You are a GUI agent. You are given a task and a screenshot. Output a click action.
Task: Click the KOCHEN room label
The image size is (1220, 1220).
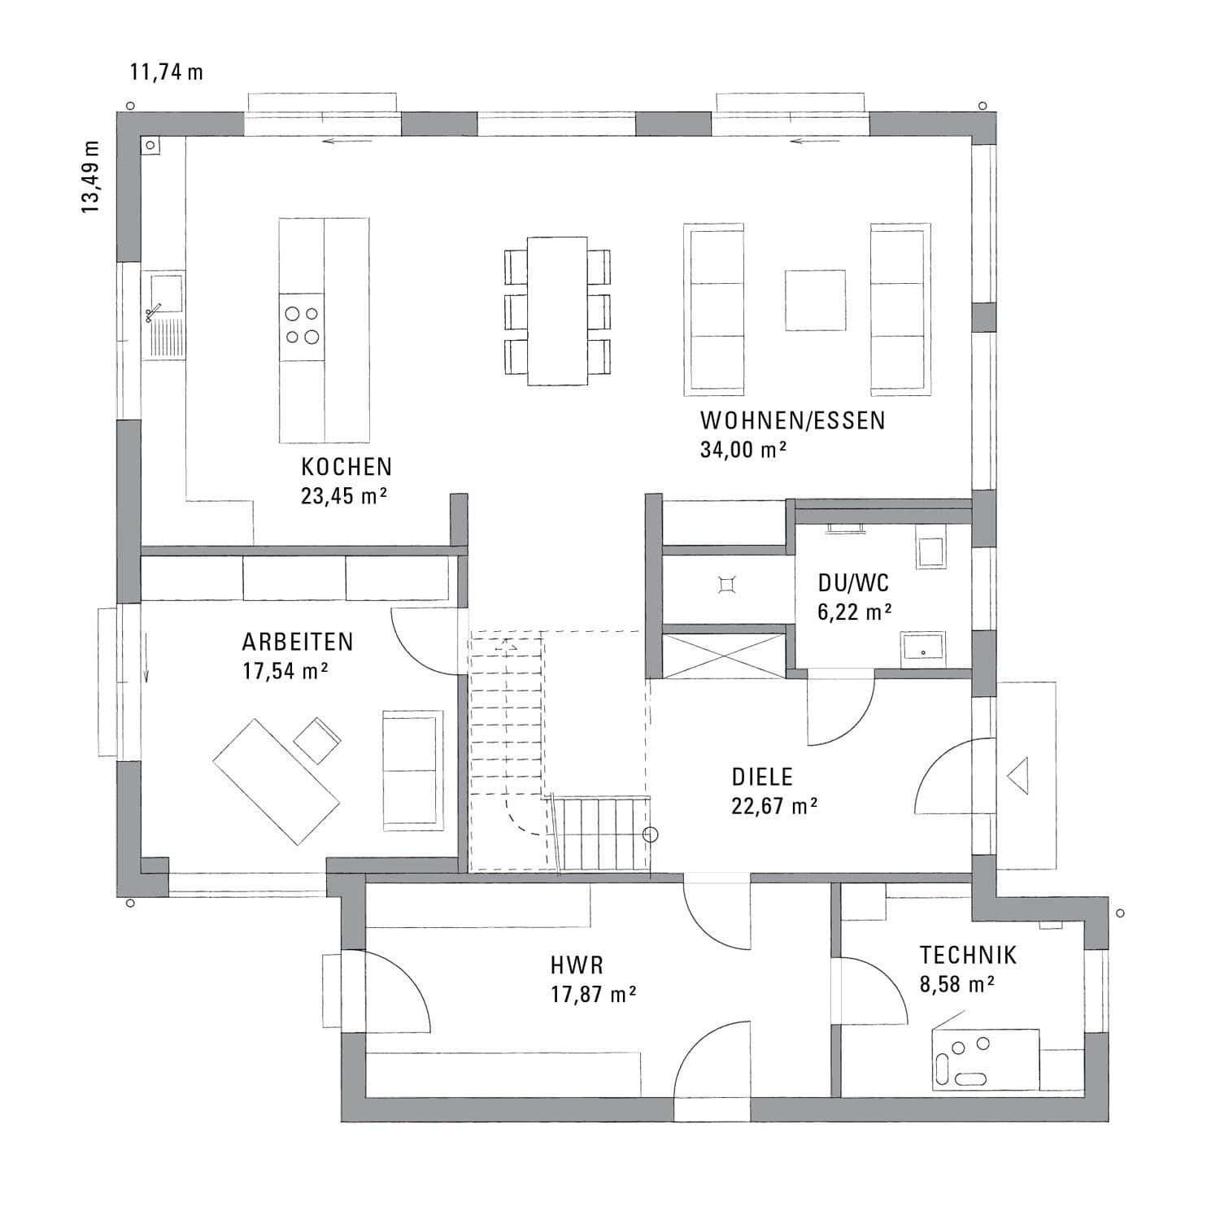(x=346, y=467)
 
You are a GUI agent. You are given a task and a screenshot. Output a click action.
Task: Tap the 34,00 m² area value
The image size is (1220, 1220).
(x=743, y=450)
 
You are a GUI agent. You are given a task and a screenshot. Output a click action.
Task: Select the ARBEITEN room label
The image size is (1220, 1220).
(x=298, y=642)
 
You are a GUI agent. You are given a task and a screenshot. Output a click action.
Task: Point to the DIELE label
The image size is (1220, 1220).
(x=762, y=777)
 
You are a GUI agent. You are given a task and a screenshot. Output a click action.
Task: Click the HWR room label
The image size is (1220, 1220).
(x=577, y=965)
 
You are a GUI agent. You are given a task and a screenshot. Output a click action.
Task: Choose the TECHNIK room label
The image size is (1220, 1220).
(x=968, y=955)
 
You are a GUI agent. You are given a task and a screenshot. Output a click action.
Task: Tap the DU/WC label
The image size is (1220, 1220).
(x=853, y=583)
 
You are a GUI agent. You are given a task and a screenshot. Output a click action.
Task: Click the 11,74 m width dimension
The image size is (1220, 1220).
(x=167, y=72)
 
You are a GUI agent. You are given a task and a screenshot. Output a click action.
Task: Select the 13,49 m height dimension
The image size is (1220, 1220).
(x=90, y=177)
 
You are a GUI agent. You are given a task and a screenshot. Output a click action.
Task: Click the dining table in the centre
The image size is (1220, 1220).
(x=557, y=311)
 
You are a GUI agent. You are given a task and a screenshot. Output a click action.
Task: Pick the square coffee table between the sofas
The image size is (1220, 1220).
(x=815, y=300)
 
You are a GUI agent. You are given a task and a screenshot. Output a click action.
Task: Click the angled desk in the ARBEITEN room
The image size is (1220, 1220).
(x=276, y=781)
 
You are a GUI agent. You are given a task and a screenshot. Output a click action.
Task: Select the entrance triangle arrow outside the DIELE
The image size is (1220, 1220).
(x=1018, y=774)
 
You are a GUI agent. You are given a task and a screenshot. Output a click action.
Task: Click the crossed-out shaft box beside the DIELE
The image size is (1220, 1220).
(x=723, y=656)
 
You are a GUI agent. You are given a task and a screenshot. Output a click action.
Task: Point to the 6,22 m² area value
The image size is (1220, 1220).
(x=854, y=612)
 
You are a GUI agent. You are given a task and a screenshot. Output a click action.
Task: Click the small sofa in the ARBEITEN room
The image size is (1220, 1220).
(x=413, y=769)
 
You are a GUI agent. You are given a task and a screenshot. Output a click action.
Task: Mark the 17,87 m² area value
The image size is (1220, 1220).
(x=593, y=995)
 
